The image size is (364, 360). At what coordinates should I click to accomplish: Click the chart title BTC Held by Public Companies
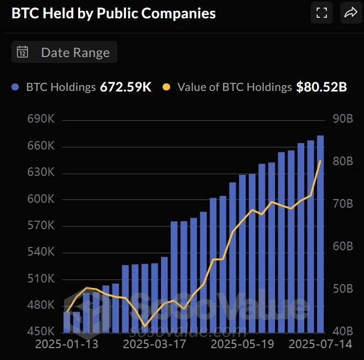114,13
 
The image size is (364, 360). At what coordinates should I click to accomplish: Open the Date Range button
64,52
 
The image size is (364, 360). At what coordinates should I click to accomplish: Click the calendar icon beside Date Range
23,52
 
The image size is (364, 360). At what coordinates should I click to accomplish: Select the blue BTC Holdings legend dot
16,87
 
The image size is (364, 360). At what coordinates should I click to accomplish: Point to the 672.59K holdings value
125,87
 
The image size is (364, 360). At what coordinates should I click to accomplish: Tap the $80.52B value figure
321,87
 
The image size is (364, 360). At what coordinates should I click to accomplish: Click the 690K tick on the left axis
41,119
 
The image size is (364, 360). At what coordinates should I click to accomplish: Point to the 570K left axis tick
41,225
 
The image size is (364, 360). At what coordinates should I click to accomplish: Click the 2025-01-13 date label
67,344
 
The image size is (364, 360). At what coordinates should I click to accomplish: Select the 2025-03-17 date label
155,344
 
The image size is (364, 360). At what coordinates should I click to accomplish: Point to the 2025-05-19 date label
242,344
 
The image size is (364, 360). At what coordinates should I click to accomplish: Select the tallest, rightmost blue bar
320,234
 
